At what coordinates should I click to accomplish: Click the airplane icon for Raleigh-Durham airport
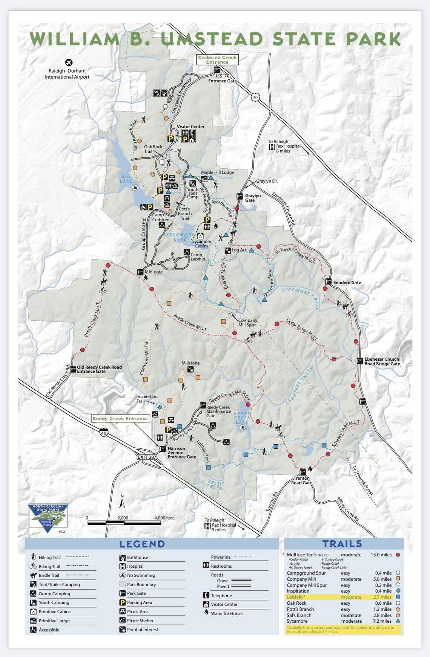coord(69,62)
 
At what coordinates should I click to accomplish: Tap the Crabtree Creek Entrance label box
coord(217,59)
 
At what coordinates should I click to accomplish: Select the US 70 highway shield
coord(255,98)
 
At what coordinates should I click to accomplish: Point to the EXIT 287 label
coord(147,457)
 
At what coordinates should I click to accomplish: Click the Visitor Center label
coord(190,127)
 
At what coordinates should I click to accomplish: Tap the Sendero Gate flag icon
coord(328,281)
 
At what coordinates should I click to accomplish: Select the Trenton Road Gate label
coord(301,480)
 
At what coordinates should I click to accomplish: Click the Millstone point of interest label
coord(190,363)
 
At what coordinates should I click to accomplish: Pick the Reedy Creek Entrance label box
coord(120,418)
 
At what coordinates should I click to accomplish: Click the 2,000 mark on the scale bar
coord(123,518)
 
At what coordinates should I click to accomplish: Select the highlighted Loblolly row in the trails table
coord(339,597)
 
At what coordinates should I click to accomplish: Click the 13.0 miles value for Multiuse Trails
coord(381,555)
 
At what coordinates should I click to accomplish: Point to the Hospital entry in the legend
coord(135,566)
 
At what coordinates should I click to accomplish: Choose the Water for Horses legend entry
coord(227,613)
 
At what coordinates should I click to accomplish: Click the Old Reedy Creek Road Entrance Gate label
coord(99,369)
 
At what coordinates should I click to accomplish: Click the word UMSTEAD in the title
coord(211,39)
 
